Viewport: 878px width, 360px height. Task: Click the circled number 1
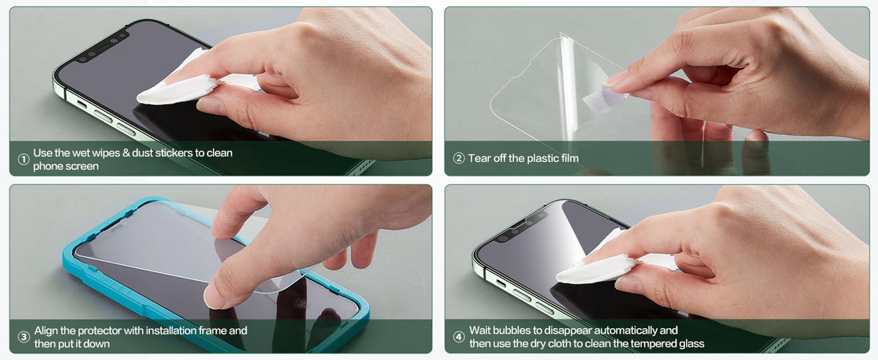[x=23, y=160]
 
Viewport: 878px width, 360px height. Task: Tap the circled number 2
[x=459, y=158]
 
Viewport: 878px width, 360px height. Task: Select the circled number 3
[x=23, y=337]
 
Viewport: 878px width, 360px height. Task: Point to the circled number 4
[x=459, y=337]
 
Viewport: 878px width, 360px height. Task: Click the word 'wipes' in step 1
[x=104, y=153]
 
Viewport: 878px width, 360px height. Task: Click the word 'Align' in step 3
[x=46, y=331]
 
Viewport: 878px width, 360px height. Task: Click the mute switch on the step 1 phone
[x=81, y=104]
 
